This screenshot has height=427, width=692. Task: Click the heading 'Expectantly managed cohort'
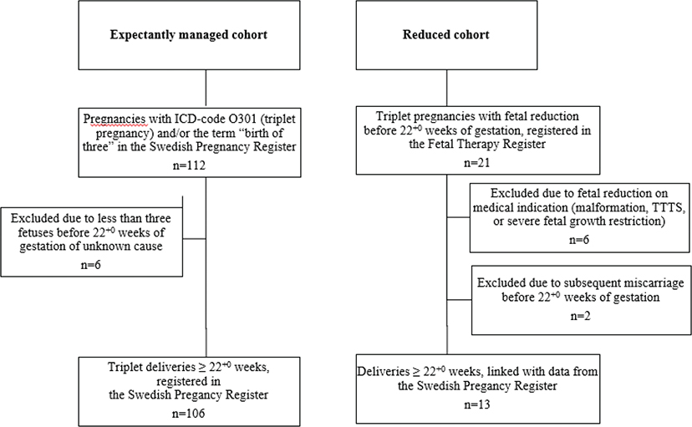tap(204, 36)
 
